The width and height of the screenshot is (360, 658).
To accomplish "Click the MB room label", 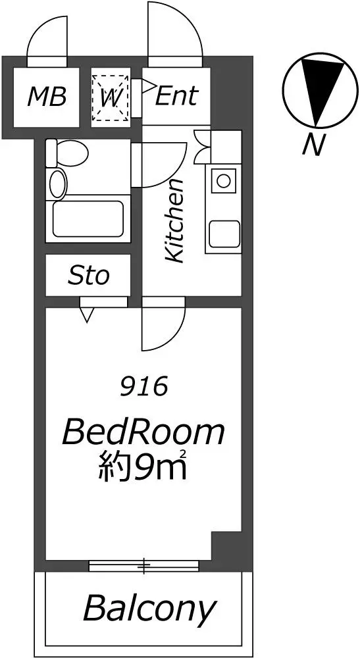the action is pos(47,97).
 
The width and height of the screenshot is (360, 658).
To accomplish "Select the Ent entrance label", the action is pos(176,96).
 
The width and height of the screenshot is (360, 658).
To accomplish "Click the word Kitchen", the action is pos(174,220).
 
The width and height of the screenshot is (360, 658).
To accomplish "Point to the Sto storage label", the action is pos(89,276).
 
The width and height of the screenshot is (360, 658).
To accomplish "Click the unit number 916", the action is pos(144,386).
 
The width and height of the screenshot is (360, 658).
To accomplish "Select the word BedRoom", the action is pos(143,433).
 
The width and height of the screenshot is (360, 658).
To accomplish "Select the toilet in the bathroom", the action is pos(66,153).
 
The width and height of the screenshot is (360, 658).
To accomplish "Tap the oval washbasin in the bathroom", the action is pos(59,183).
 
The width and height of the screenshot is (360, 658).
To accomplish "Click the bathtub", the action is pos(88,218).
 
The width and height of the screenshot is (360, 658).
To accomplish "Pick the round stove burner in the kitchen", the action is pos(223,181).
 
